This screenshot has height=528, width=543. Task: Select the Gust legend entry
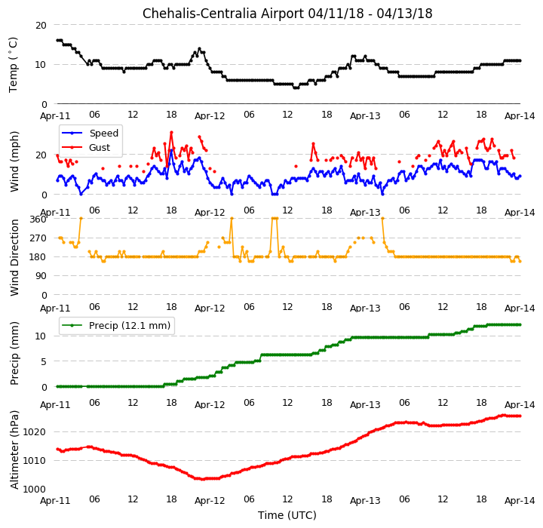coord(85,148)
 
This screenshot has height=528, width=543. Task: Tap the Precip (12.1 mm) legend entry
coord(115,326)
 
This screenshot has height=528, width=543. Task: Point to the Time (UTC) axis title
coord(287,515)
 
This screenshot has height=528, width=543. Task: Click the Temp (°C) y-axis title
coord(13,64)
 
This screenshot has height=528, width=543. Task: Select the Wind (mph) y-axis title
coord(14,161)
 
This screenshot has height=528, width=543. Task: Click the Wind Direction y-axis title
coord(14,257)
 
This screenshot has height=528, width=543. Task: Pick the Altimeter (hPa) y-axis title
coord(14,450)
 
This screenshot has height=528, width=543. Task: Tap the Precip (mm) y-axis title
coord(14,354)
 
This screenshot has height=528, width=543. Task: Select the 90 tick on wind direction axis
coord(41,276)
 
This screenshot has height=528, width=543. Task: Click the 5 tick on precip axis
coord(44,362)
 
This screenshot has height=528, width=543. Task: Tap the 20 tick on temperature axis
coord(41,26)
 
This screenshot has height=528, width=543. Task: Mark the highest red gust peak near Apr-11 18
coord(171,132)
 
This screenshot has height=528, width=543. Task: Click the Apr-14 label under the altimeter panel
coord(520,501)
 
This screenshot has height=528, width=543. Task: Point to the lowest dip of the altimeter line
coord(203,479)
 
